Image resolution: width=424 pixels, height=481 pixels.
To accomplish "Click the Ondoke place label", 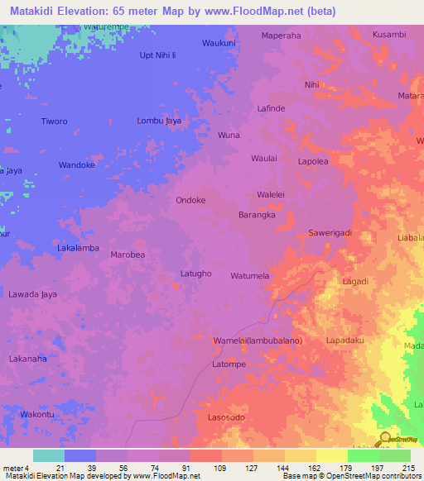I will coord(190,200).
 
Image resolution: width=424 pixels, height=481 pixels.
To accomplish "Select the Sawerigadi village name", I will coord(330,233).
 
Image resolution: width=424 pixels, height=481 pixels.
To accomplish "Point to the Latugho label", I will coord(196,274).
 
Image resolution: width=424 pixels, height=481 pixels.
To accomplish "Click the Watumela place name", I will coord(250,275).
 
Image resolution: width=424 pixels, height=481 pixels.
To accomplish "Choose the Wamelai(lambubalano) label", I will coord(258,341).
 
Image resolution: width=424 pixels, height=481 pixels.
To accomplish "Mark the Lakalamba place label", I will coord(78,248).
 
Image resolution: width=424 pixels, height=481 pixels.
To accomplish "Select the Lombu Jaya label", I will coord(159,121).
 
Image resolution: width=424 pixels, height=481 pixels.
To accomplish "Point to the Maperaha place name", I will coord(282,36).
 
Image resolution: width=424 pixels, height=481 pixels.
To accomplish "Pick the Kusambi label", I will coord(389,34).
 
